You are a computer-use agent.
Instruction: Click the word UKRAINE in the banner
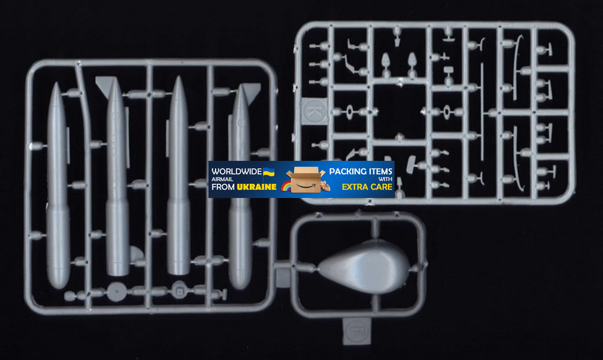[x=257, y=187]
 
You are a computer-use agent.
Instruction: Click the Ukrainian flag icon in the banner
[x=269, y=171]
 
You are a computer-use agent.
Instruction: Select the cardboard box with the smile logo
[x=306, y=179]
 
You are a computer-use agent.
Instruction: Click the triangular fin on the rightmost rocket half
[x=252, y=90]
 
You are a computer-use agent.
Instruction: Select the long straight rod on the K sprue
[x=482, y=111]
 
